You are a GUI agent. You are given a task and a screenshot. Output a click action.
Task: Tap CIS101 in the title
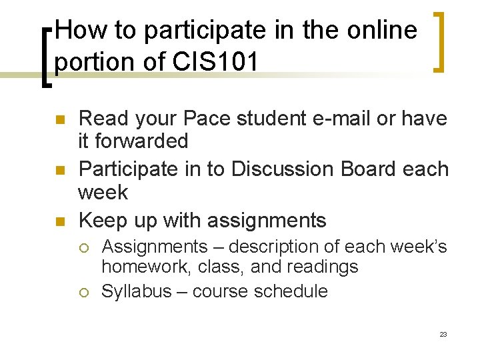pos(217,61)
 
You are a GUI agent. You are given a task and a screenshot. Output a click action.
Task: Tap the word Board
pos(367,169)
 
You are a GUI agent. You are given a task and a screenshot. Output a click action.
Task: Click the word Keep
pos(101,220)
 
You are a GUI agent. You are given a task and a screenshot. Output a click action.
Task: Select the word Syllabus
pos(136,291)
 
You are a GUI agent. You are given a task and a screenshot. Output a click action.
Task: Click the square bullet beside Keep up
pos(58,221)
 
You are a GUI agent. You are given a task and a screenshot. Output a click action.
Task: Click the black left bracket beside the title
pos(46,57)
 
